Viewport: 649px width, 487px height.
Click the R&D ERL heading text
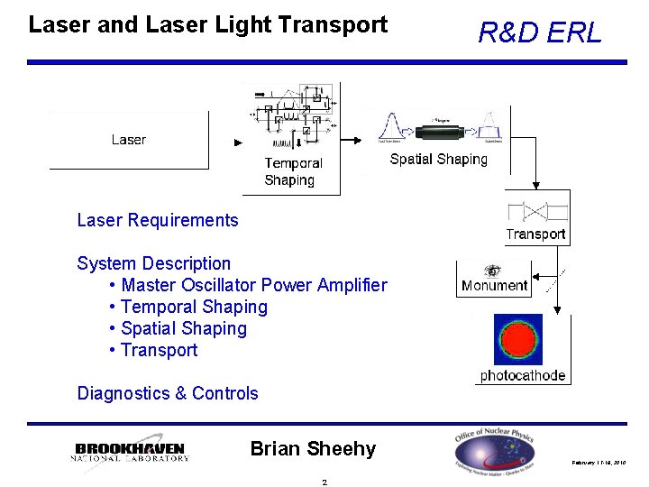click(x=539, y=33)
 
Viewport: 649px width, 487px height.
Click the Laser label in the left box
click(x=129, y=140)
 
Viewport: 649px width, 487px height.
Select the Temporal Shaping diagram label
click(x=293, y=171)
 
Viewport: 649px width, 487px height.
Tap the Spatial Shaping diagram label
click(x=438, y=160)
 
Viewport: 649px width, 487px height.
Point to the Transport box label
click(x=535, y=234)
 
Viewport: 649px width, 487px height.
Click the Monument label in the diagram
click(x=494, y=286)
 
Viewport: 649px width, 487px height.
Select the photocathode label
click(x=523, y=375)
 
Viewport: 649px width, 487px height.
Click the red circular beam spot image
click(x=519, y=340)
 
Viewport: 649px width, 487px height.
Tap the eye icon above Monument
click(x=492, y=271)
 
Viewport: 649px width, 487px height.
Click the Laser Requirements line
click(x=158, y=220)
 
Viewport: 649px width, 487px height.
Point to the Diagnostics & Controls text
click(x=168, y=393)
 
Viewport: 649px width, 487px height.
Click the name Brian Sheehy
click(x=313, y=448)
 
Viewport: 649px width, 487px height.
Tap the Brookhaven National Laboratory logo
click(x=130, y=452)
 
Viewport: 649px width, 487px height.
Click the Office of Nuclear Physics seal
click(x=495, y=450)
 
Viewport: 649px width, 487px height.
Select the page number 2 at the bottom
click(x=324, y=481)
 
